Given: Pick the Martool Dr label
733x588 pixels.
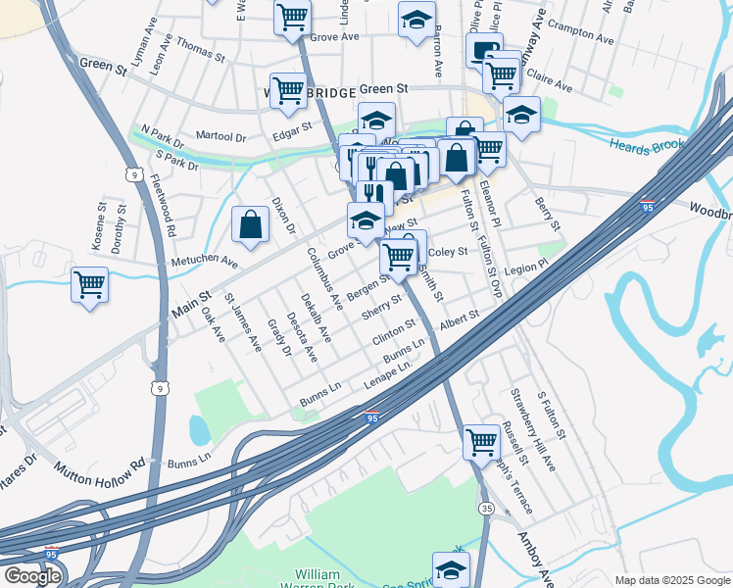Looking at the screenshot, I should (x=220, y=138).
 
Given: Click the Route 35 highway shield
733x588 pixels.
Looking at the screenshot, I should (x=487, y=508).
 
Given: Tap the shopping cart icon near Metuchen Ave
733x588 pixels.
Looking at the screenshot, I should (x=89, y=285).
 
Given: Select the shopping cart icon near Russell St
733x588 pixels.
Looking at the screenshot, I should (x=481, y=442).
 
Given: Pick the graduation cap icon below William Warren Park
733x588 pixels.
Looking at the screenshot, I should (x=450, y=568).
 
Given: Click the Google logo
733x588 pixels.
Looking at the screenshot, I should (x=31, y=575).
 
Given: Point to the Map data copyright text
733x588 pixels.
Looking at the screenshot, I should (x=672, y=580).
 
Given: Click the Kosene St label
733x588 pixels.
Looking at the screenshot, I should (x=101, y=228).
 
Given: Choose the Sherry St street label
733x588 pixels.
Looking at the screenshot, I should (x=382, y=307).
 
